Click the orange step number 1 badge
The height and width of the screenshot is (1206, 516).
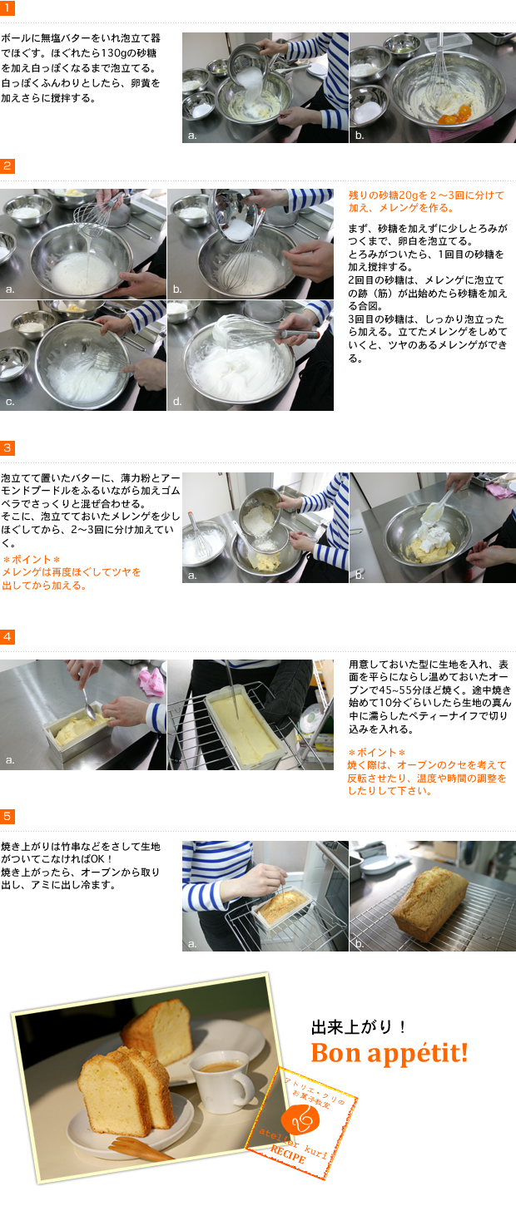pyautogui.click(x=7, y=7)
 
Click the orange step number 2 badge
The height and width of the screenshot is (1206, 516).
pyautogui.click(x=7, y=166)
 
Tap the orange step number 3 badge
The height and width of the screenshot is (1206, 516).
pyautogui.click(x=7, y=448)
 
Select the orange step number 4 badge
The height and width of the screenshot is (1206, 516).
pyautogui.click(x=7, y=636)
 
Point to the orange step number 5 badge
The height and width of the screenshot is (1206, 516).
pyautogui.click(x=7, y=817)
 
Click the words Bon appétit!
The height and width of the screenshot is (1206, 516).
pyautogui.click(x=389, y=1053)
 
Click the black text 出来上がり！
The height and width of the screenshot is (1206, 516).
pyautogui.click(x=359, y=1027)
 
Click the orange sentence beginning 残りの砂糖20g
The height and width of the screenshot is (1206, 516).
pyautogui.click(x=426, y=200)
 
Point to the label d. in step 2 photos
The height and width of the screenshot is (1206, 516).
pyautogui.click(x=177, y=402)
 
